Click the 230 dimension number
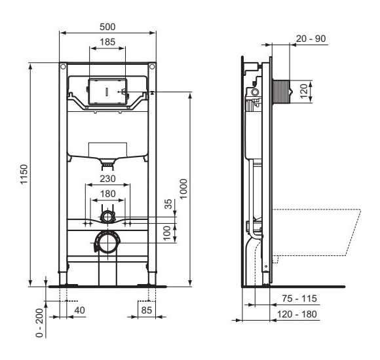107,178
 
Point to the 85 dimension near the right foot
147,309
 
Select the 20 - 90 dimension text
310,40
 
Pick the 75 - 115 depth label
299,298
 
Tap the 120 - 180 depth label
299,315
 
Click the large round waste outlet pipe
107,243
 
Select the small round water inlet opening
107,215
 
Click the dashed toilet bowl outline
321,232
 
